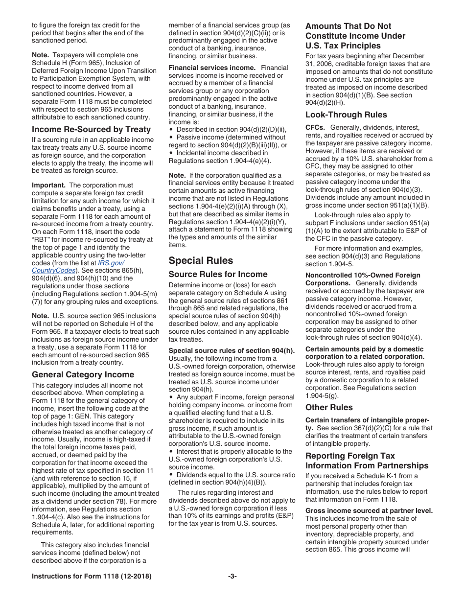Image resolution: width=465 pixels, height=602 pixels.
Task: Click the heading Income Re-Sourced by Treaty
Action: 91,129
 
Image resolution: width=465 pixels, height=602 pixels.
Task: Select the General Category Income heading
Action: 83,374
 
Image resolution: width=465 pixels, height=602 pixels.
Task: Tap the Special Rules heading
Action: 201,260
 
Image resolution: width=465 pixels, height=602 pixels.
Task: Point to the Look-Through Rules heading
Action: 346,115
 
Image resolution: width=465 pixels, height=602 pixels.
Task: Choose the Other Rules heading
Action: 329,407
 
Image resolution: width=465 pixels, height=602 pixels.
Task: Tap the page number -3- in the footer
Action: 232,577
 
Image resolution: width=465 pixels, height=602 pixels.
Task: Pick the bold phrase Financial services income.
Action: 212,68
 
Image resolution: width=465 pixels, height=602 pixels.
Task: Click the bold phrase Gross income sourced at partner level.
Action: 369,510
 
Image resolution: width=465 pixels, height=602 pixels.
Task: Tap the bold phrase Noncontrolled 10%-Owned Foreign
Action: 363,275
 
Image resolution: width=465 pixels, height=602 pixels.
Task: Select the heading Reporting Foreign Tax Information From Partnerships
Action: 367,461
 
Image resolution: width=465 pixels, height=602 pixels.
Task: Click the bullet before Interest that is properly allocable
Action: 171,452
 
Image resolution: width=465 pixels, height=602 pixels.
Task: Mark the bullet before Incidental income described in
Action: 171,153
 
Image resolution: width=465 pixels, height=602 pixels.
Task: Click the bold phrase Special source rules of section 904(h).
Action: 232,350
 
